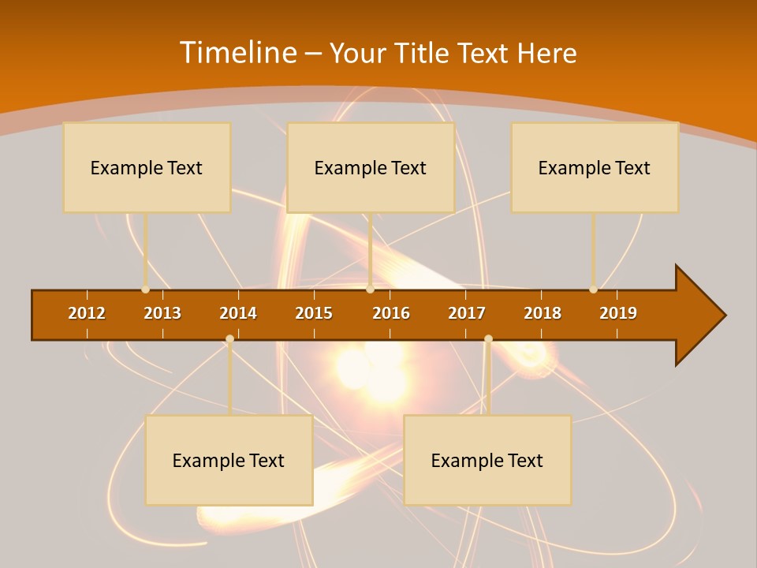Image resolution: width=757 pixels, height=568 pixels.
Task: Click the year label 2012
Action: tap(87, 313)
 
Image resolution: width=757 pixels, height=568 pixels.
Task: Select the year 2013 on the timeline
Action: tap(162, 313)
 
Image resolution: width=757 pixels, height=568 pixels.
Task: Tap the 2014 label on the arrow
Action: tap(238, 313)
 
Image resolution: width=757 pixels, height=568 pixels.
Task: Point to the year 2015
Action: tap(314, 313)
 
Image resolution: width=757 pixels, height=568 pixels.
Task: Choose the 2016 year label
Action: tap(391, 313)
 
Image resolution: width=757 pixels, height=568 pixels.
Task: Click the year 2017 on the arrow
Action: tap(467, 313)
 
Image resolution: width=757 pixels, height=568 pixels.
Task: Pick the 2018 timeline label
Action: tap(543, 313)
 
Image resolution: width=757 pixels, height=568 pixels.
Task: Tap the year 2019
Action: tap(618, 313)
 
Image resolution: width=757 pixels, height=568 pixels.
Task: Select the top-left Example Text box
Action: tap(147, 167)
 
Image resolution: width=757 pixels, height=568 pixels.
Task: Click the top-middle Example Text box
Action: tap(371, 167)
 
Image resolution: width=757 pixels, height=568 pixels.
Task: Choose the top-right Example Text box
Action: tap(595, 167)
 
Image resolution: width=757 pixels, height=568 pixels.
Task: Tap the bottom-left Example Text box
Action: tap(229, 460)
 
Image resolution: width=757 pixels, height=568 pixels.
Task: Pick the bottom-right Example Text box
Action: tap(487, 460)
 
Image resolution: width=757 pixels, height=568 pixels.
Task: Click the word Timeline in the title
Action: tap(238, 53)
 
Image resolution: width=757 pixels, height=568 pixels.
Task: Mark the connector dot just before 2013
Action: tap(145, 290)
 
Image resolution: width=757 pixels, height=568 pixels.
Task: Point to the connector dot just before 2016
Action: tap(370, 290)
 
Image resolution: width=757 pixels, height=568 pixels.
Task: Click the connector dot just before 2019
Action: tap(593, 290)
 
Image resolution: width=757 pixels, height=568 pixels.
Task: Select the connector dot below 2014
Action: tap(229, 339)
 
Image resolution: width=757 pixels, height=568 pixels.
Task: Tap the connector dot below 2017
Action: tap(488, 339)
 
